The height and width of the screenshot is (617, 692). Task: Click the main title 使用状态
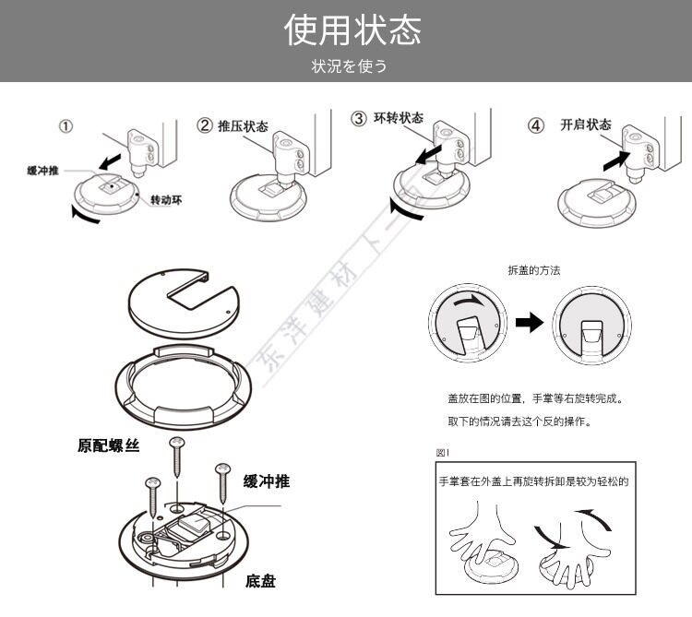(x=353, y=30)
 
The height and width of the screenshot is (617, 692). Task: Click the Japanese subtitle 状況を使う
(x=349, y=65)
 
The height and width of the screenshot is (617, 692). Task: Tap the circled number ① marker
(x=66, y=127)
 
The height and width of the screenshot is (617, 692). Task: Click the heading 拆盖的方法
(x=533, y=270)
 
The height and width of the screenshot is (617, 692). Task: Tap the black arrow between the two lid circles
(x=529, y=323)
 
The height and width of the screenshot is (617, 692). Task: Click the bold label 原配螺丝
(x=108, y=446)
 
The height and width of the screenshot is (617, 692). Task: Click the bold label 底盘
(x=259, y=580)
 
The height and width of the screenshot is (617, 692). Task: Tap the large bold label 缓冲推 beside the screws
(x=267, y=481)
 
